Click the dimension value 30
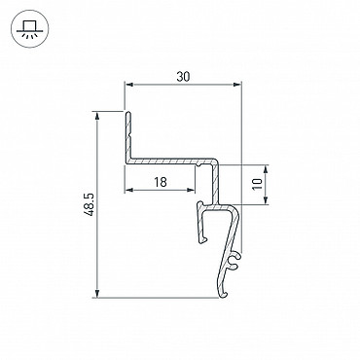183,77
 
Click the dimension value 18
161,182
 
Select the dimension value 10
257,184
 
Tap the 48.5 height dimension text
89,204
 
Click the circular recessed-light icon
30,29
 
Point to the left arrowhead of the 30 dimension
129,85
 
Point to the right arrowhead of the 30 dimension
237,85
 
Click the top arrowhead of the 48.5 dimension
96,116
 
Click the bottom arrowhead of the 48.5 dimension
96,293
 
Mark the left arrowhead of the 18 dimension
129,190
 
